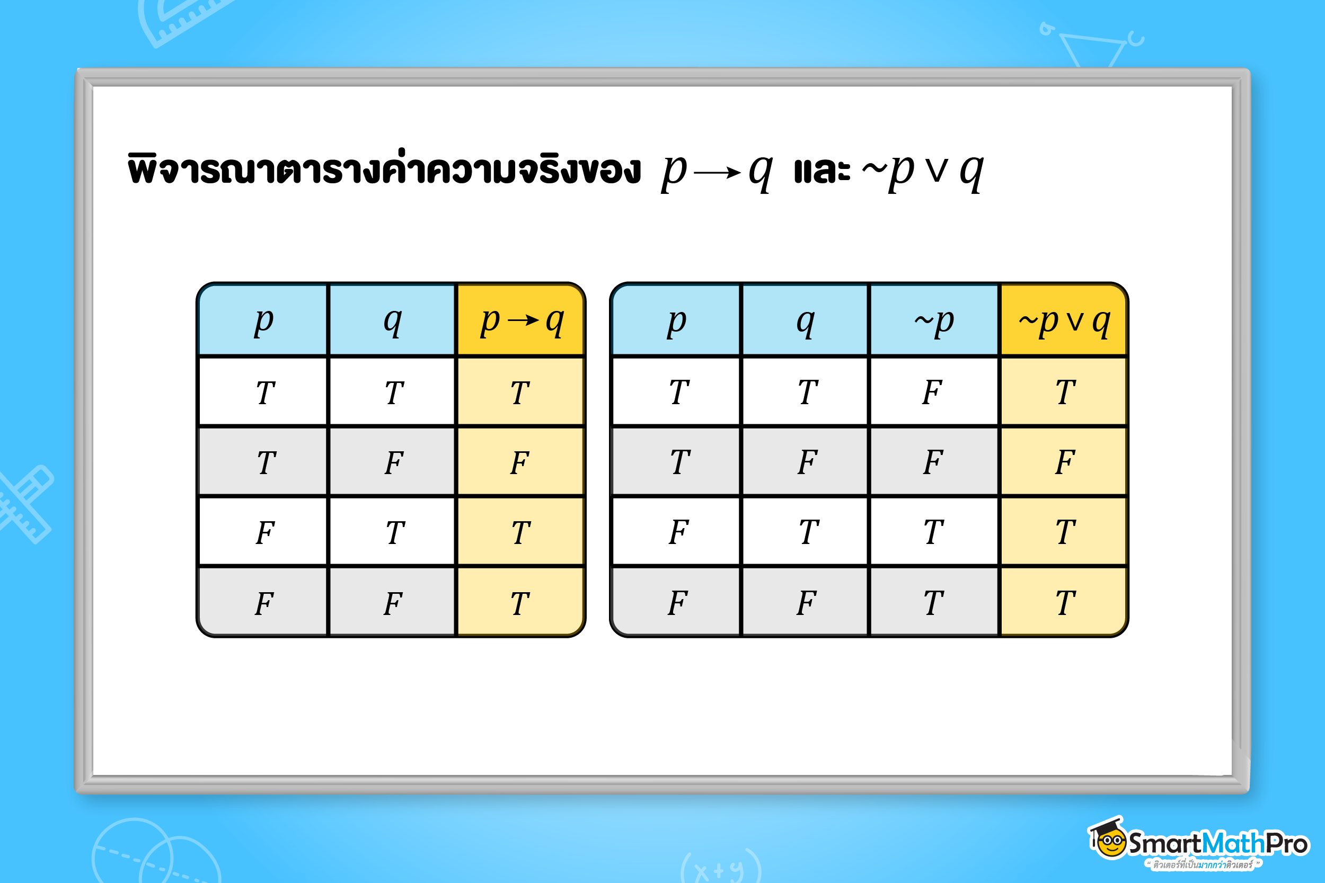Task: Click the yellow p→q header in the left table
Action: (520, 321)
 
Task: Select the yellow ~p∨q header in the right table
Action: (1064, 321)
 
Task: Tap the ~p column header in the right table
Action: (934, 321)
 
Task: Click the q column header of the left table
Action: (392, 321)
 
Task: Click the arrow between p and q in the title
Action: (717, 172)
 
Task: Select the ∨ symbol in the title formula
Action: (937, 172)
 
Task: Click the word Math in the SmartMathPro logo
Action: (1234, 844)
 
